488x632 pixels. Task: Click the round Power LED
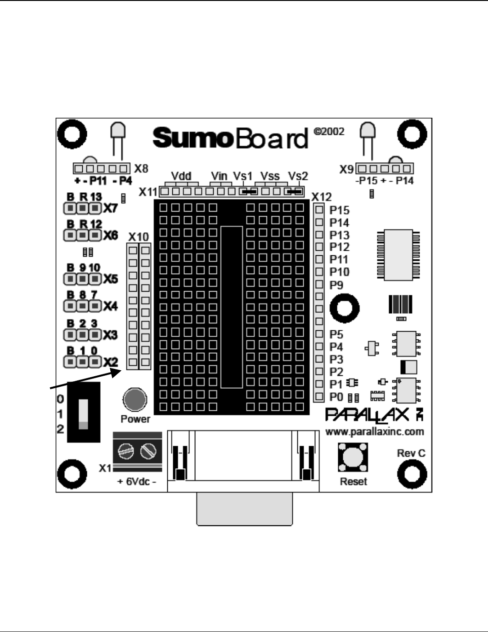coord(135,400)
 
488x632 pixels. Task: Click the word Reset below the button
coord(353,482)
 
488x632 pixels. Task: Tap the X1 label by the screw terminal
coord(105,468)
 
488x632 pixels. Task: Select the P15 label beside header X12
coord(340,210)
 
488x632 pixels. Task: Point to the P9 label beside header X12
coord(336,285)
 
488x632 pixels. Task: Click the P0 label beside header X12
coord(336,396)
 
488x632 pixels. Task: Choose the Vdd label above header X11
coord(181,176)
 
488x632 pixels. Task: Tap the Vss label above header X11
coord(270,176)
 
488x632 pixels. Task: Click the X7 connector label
coord(110,208)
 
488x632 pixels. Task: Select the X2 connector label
coord(110,362)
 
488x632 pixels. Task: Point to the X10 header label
coord(138,237)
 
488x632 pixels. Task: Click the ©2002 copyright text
coord(329,132)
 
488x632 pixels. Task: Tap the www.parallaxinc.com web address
coord(375,432)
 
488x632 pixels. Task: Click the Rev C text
coord(411,453)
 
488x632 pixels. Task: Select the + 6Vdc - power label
coord(137,482)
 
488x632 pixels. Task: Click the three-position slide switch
coord(83,412)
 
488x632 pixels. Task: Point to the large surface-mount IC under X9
coord(398,255)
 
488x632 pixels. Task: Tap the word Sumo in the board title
coord(191,138)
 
